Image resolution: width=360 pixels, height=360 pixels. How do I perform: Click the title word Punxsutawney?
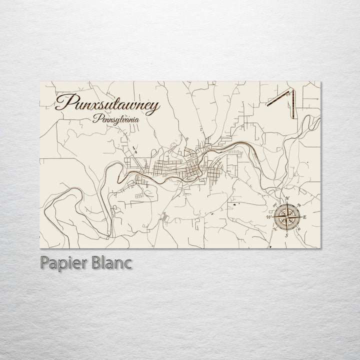[x=107, y=104]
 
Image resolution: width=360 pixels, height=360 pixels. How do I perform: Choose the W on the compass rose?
[x=269, y=217]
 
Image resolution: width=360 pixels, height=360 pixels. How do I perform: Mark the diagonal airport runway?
[x=279, y=98]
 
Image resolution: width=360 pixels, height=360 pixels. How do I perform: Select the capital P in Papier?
[x=42, y=263]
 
